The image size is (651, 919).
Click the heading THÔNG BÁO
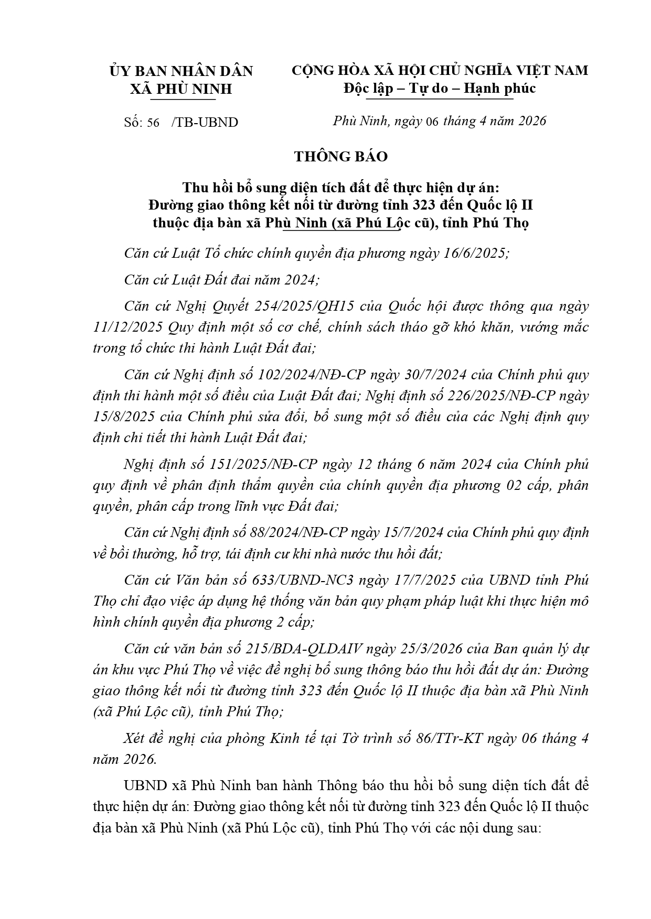[341, 157]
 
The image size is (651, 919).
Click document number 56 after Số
[153, 123]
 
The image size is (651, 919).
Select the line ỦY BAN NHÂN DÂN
[181, 71]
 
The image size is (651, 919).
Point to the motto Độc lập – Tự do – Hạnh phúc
[440, 88]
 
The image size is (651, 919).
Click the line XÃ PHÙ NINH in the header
[181, 89]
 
